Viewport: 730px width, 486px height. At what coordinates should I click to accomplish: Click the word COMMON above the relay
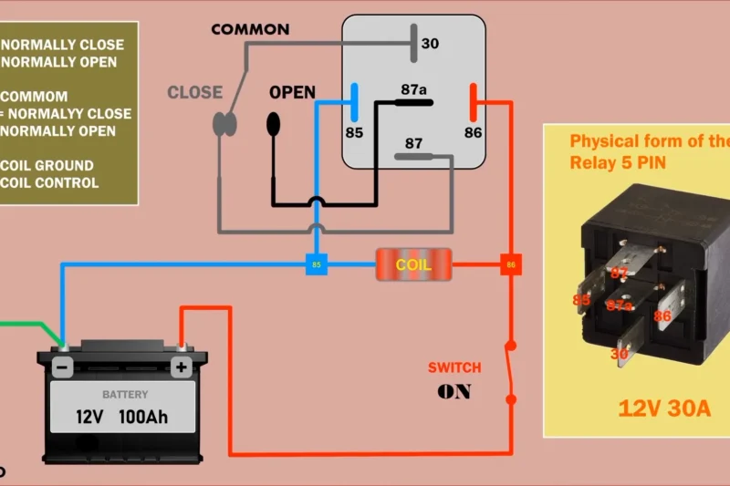pos(249,29)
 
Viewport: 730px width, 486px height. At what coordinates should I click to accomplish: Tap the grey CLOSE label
pos(194,92)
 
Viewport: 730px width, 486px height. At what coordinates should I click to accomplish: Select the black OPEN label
pos(292,93)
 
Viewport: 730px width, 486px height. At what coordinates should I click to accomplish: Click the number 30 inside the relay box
pos(431,44)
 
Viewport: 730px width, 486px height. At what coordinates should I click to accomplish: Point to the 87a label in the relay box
pos(413,89)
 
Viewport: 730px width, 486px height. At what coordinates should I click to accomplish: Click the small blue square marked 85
pos(317,265)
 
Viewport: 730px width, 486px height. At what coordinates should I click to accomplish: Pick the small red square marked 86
pos(510,265)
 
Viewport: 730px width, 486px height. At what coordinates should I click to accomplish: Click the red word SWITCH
pos(454,368)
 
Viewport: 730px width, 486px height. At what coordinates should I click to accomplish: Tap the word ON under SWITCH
pos(454,392)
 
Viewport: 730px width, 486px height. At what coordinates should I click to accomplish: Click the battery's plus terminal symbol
pos(182,368)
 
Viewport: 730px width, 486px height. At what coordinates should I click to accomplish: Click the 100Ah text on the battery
pos(143,419)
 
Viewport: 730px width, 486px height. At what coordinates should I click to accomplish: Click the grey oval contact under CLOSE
pos(224,123)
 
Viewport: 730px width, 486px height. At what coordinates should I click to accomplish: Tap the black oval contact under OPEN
pos(274,124)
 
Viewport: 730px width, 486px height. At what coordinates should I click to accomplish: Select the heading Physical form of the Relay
pos(649,152)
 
